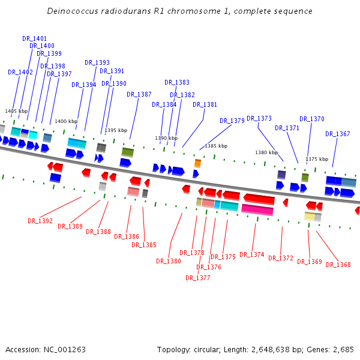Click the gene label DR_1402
click(x=20, y=72)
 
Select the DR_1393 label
click(x=97, y=62)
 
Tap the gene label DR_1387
click(x=139, y=94)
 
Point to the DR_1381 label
click(x=205, y=104)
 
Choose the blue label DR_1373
click(x=259, y=118)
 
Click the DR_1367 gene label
click(x=338, y=134)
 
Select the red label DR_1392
click(x=40, y=221)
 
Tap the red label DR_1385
click(x=144, y=245)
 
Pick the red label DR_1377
click(x=198, y=278)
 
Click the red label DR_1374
click(x=252, y=254)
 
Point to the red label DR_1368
click(x=338, y=265)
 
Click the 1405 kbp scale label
click(x=16, y=111)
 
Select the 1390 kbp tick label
click(x=166, y=138)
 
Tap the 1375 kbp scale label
click(x=317, y=159)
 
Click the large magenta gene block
click(x=257, y=209)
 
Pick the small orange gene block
click(x=197, y=163)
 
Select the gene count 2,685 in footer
click(x=343, y=349)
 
